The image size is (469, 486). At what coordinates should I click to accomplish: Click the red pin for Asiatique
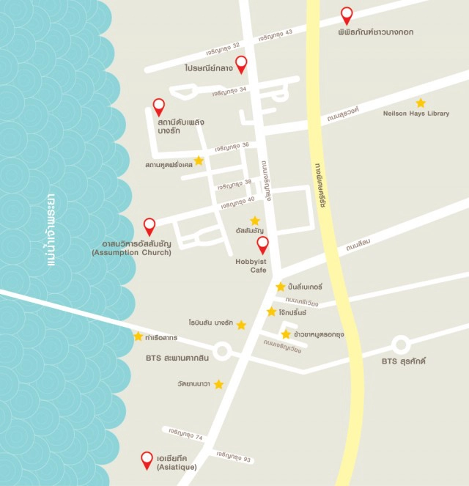point(147,460)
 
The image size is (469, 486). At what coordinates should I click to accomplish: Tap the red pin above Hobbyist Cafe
point(262,245)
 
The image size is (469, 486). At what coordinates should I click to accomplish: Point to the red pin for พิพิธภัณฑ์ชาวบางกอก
point(347,14)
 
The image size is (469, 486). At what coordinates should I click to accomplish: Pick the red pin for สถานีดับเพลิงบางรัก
point(158,106)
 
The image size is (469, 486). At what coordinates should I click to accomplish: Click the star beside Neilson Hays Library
point(421,103)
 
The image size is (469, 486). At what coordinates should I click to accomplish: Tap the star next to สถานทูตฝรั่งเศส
point(199,160)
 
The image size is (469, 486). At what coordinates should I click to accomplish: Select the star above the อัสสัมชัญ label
point(254,220)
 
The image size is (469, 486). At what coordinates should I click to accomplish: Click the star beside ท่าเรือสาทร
point(138,336)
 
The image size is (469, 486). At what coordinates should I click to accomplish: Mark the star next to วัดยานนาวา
point(218,384)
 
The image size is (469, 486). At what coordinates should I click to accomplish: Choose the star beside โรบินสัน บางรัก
point(241,325)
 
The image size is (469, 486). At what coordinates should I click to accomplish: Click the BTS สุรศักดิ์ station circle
point(400,344)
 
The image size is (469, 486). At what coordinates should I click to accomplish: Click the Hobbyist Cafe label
point(250,265)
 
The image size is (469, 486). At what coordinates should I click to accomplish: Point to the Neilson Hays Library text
point(416,114)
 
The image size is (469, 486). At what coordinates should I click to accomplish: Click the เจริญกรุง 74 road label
point(185,434)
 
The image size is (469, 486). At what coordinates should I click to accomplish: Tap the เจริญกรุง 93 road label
point(233,456)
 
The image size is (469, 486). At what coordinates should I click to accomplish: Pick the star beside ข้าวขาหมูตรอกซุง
point(286,334)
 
